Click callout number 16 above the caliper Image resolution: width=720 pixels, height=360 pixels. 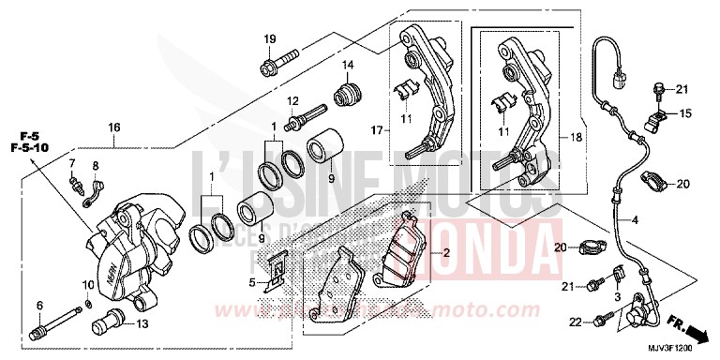click(114, 127)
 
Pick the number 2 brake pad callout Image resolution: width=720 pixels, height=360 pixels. click(447, 253)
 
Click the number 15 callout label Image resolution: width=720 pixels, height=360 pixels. click(685, 113)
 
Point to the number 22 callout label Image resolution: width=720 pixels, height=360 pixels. click(575, 322)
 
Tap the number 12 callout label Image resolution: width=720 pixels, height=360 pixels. click(292, 101)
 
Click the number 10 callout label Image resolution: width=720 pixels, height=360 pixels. click(88, 284)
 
